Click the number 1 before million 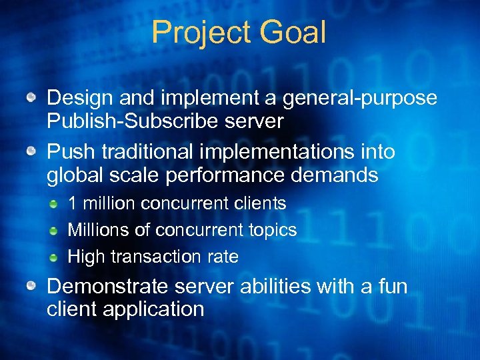click(x=73, y=203)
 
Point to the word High click(x=85, y=257)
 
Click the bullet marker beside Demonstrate click(x=31, y=287)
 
